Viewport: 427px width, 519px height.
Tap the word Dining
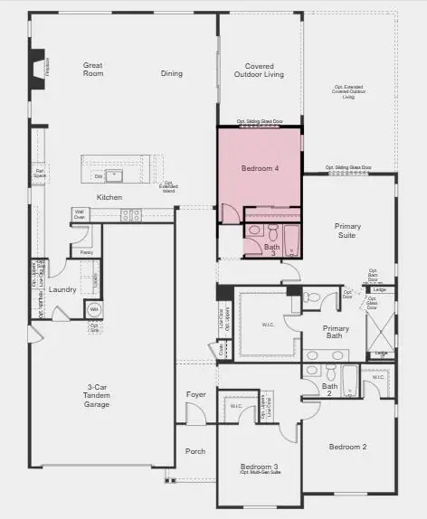point(172,74)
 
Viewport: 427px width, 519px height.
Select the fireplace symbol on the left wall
point(37,70)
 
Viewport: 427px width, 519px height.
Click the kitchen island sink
point(115,175)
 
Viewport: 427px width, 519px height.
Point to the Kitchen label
point(109,197)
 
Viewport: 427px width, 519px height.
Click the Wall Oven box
point(80,215)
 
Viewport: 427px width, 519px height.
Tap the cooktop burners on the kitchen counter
point(131,215)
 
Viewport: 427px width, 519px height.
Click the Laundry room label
point(62,289)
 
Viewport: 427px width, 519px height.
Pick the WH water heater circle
point(93,310)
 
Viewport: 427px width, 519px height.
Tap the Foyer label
point(196,394)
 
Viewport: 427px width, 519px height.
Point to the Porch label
point(195,450)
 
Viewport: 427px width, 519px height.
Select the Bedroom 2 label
point(347,447)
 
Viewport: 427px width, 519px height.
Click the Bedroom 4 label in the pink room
point(260,169)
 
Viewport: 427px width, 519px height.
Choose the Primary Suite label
point(346,231)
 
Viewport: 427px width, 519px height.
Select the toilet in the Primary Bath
point(311,297)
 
